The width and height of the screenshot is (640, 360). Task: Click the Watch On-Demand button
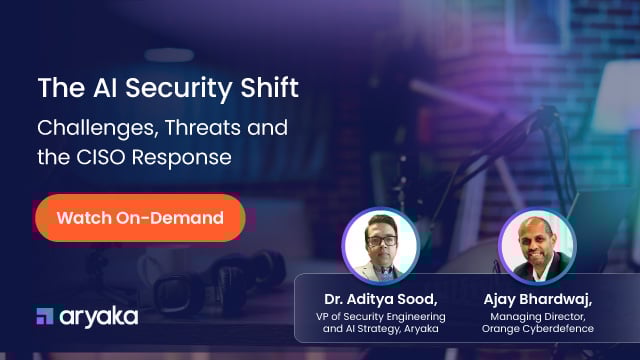tap(140, 217)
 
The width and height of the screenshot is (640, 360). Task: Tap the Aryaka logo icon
tap(45, 316)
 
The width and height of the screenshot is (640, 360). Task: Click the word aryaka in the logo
tap(98, 317)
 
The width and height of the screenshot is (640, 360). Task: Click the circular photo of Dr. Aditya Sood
tap(379, 244)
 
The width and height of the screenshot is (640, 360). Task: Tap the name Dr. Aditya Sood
tap(379, 299)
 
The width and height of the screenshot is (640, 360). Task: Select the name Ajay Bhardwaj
tap(537, 299)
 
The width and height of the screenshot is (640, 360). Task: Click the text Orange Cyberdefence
tap(537, 330)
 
